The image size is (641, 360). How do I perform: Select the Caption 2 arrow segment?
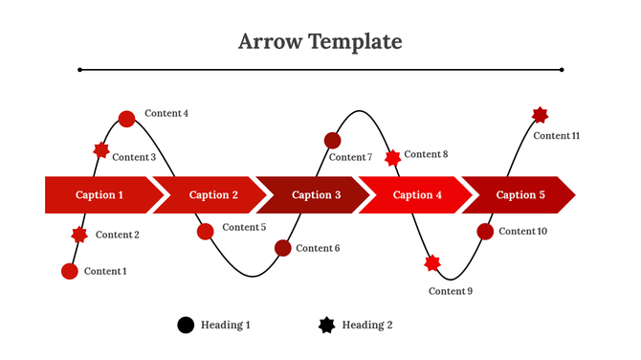pyautogui.click(x=213, y=195)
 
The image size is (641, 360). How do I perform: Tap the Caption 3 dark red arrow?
pyautogui.click(x=316, y=195)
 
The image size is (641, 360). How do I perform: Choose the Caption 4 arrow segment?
pyautogui.click(x=418, y=195)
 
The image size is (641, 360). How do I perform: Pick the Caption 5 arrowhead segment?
pyautogui.click(x=520, y=195)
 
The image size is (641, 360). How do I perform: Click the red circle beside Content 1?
pyautogui.click(x=70, y=271)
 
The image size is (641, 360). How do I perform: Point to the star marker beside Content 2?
pyautogui.click(x=79, y=235)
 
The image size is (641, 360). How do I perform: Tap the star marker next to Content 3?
pyautogui.click(x=101, y=150)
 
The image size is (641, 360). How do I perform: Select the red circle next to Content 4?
pyautogui.click(x=126, y=119)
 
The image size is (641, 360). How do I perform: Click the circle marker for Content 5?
pyautogui.click(x=206, y=231)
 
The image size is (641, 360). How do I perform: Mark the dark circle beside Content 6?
pyautogui.click(x=283, y=248)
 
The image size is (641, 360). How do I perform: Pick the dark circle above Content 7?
pyautogui.click(x=332, y=140)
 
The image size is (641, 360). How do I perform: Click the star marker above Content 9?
pyautogui.click(x=432, y=262)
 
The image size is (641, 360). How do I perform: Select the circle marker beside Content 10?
pyautogui.click(x=485, y=231)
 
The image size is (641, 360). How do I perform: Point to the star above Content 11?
pyautogui.click(x=540, y=116)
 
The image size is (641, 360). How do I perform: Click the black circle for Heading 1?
pyautogui.click(x=186, y=326)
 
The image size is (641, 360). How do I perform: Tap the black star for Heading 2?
pyautogui.click(x=327, y=326)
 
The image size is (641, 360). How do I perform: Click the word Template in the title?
pyautogui.click(x=356, y=42)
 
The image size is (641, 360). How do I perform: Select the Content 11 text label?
pyautogui.click(x=557, y=136)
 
